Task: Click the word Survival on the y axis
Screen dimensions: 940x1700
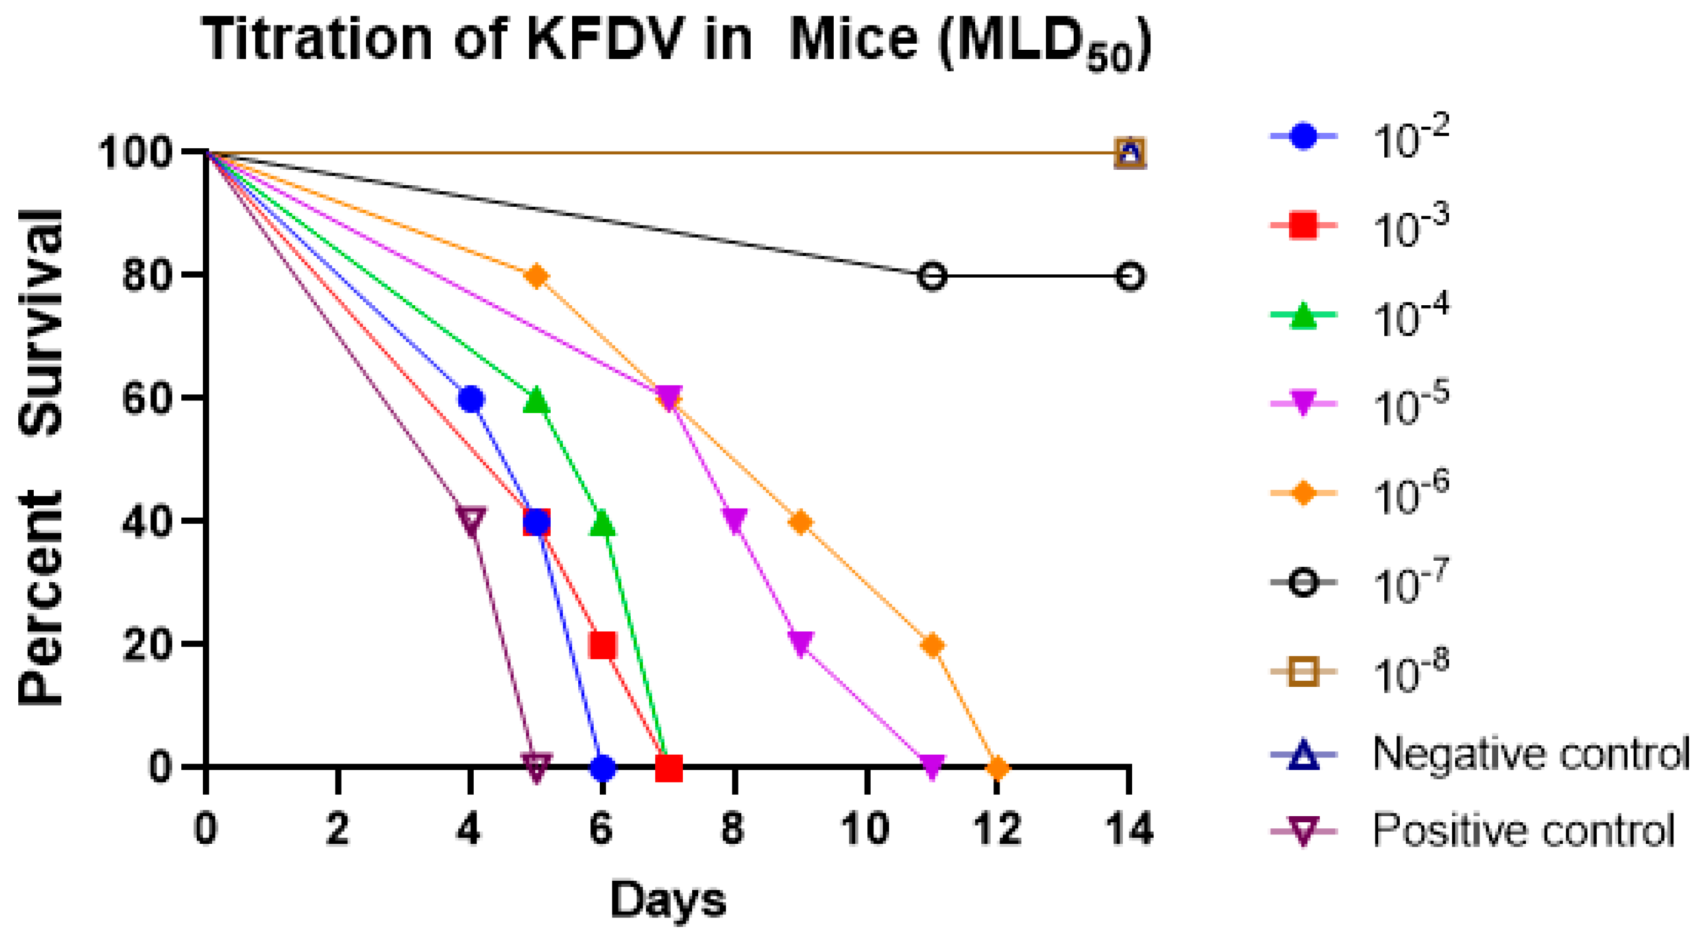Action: [41, 323]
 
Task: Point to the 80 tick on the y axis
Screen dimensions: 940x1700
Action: [145, 276]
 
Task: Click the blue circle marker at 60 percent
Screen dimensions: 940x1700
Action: [470, 399]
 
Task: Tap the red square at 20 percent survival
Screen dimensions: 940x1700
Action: [603, 645]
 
